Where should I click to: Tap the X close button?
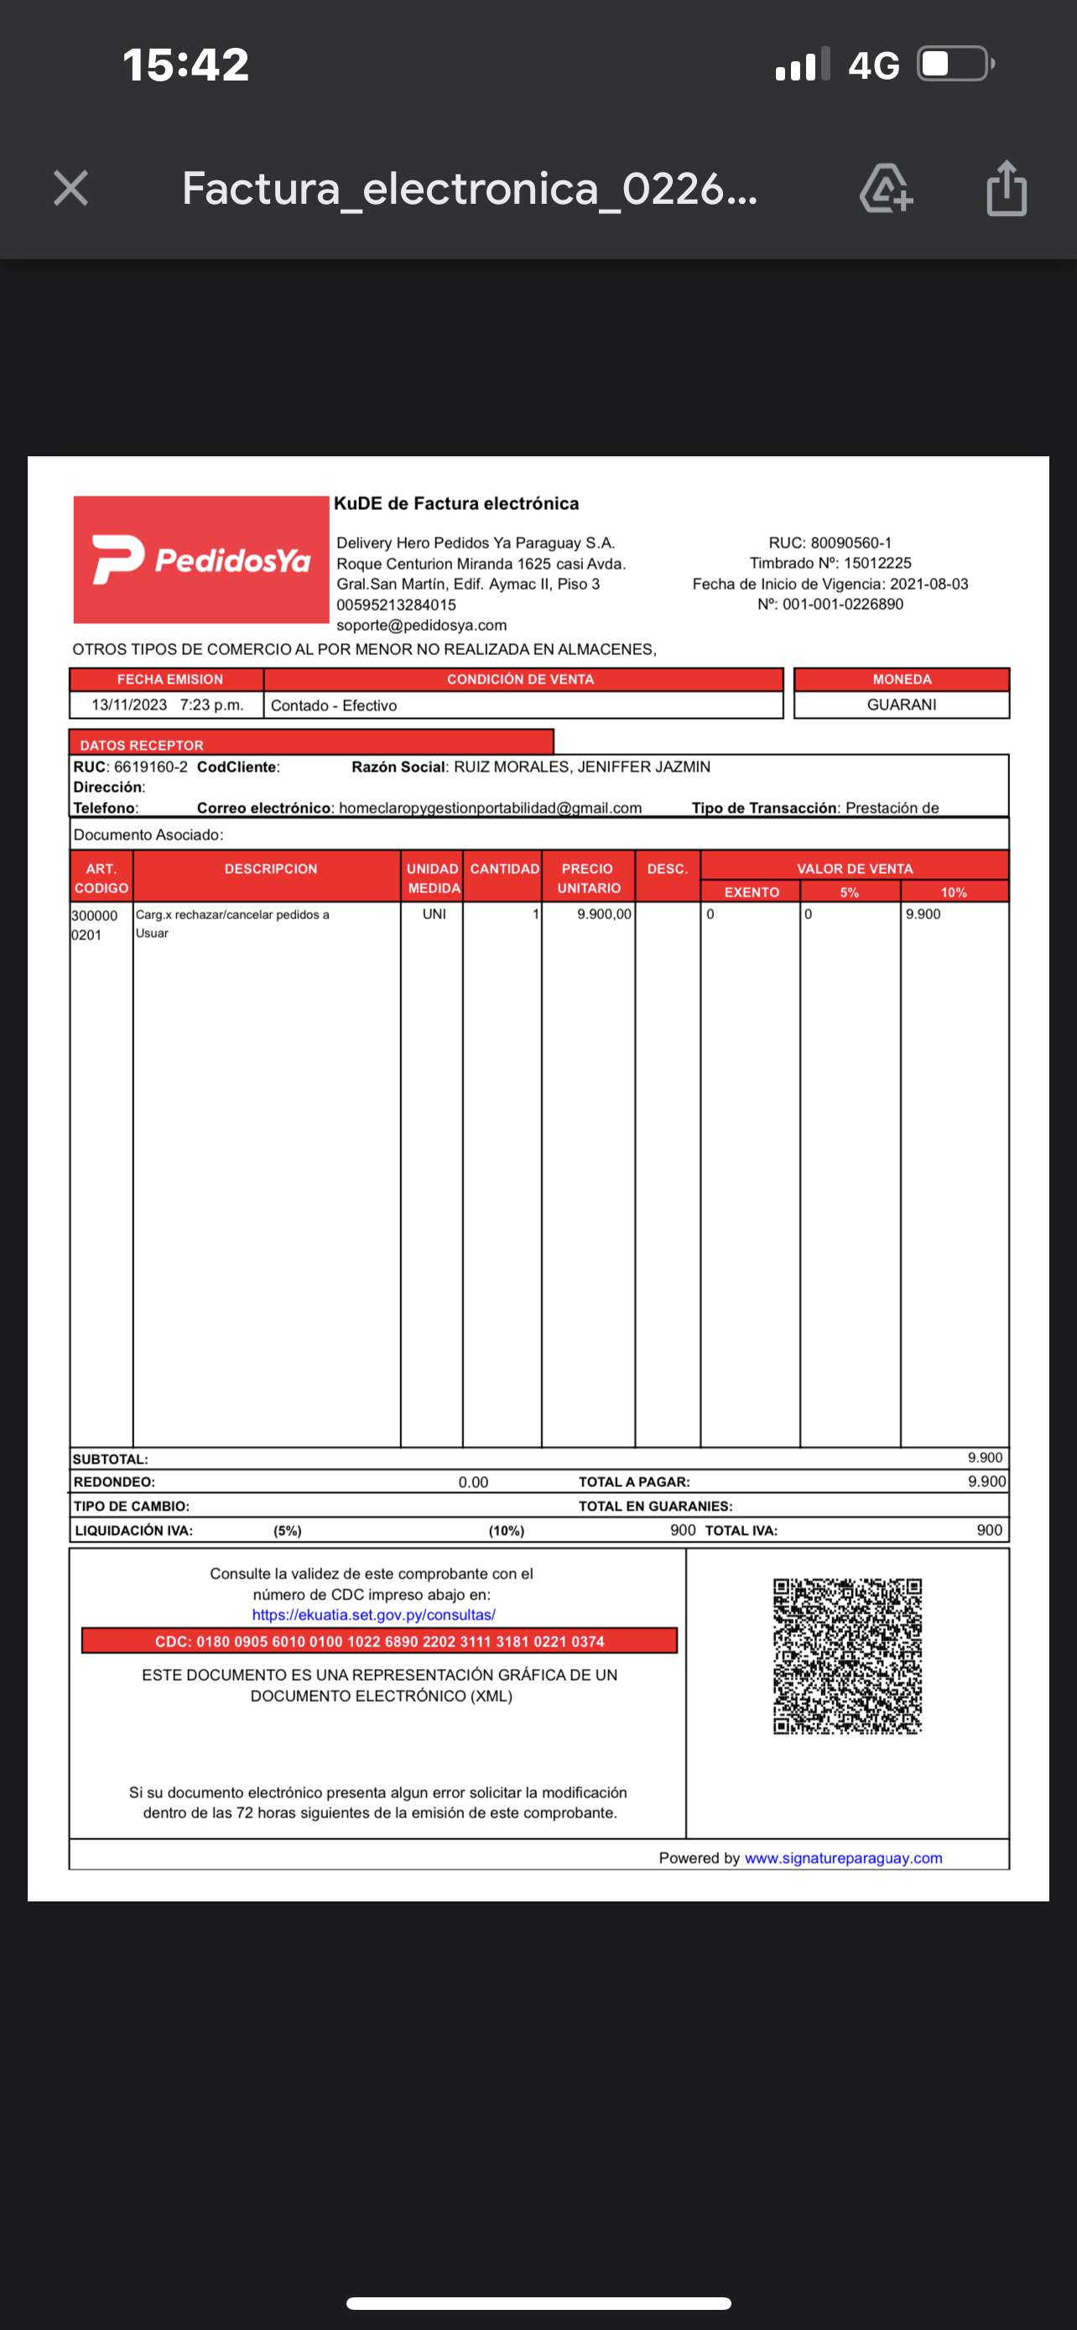click(x=70, y=188)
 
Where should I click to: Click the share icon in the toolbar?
click(x=1007, y=188)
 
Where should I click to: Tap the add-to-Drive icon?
click(x=885, y=188)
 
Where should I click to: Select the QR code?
click(x=847, y=1656)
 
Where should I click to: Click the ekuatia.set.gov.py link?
click(x=373, y=1615)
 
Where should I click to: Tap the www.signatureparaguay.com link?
click(x=843, y=1858)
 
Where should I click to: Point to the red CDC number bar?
click(x=379, y=1641)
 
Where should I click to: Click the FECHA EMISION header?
click(x=169, y=679)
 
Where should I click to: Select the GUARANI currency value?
click(x=902, y=705)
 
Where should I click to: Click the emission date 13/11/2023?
click(x=129, y=705)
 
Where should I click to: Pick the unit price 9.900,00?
click(x=604, y=914)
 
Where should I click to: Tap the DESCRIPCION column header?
click(x=270, y=869)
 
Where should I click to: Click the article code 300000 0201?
click(x=94, y=924)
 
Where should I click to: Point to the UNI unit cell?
click(x=434, y=914)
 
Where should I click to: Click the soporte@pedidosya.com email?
click(x=421, y=625)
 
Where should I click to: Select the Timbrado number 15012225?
click(x=877, y=563)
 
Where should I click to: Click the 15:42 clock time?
click(x=185, y=65)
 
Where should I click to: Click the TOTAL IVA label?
click(x=741, y=1531)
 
